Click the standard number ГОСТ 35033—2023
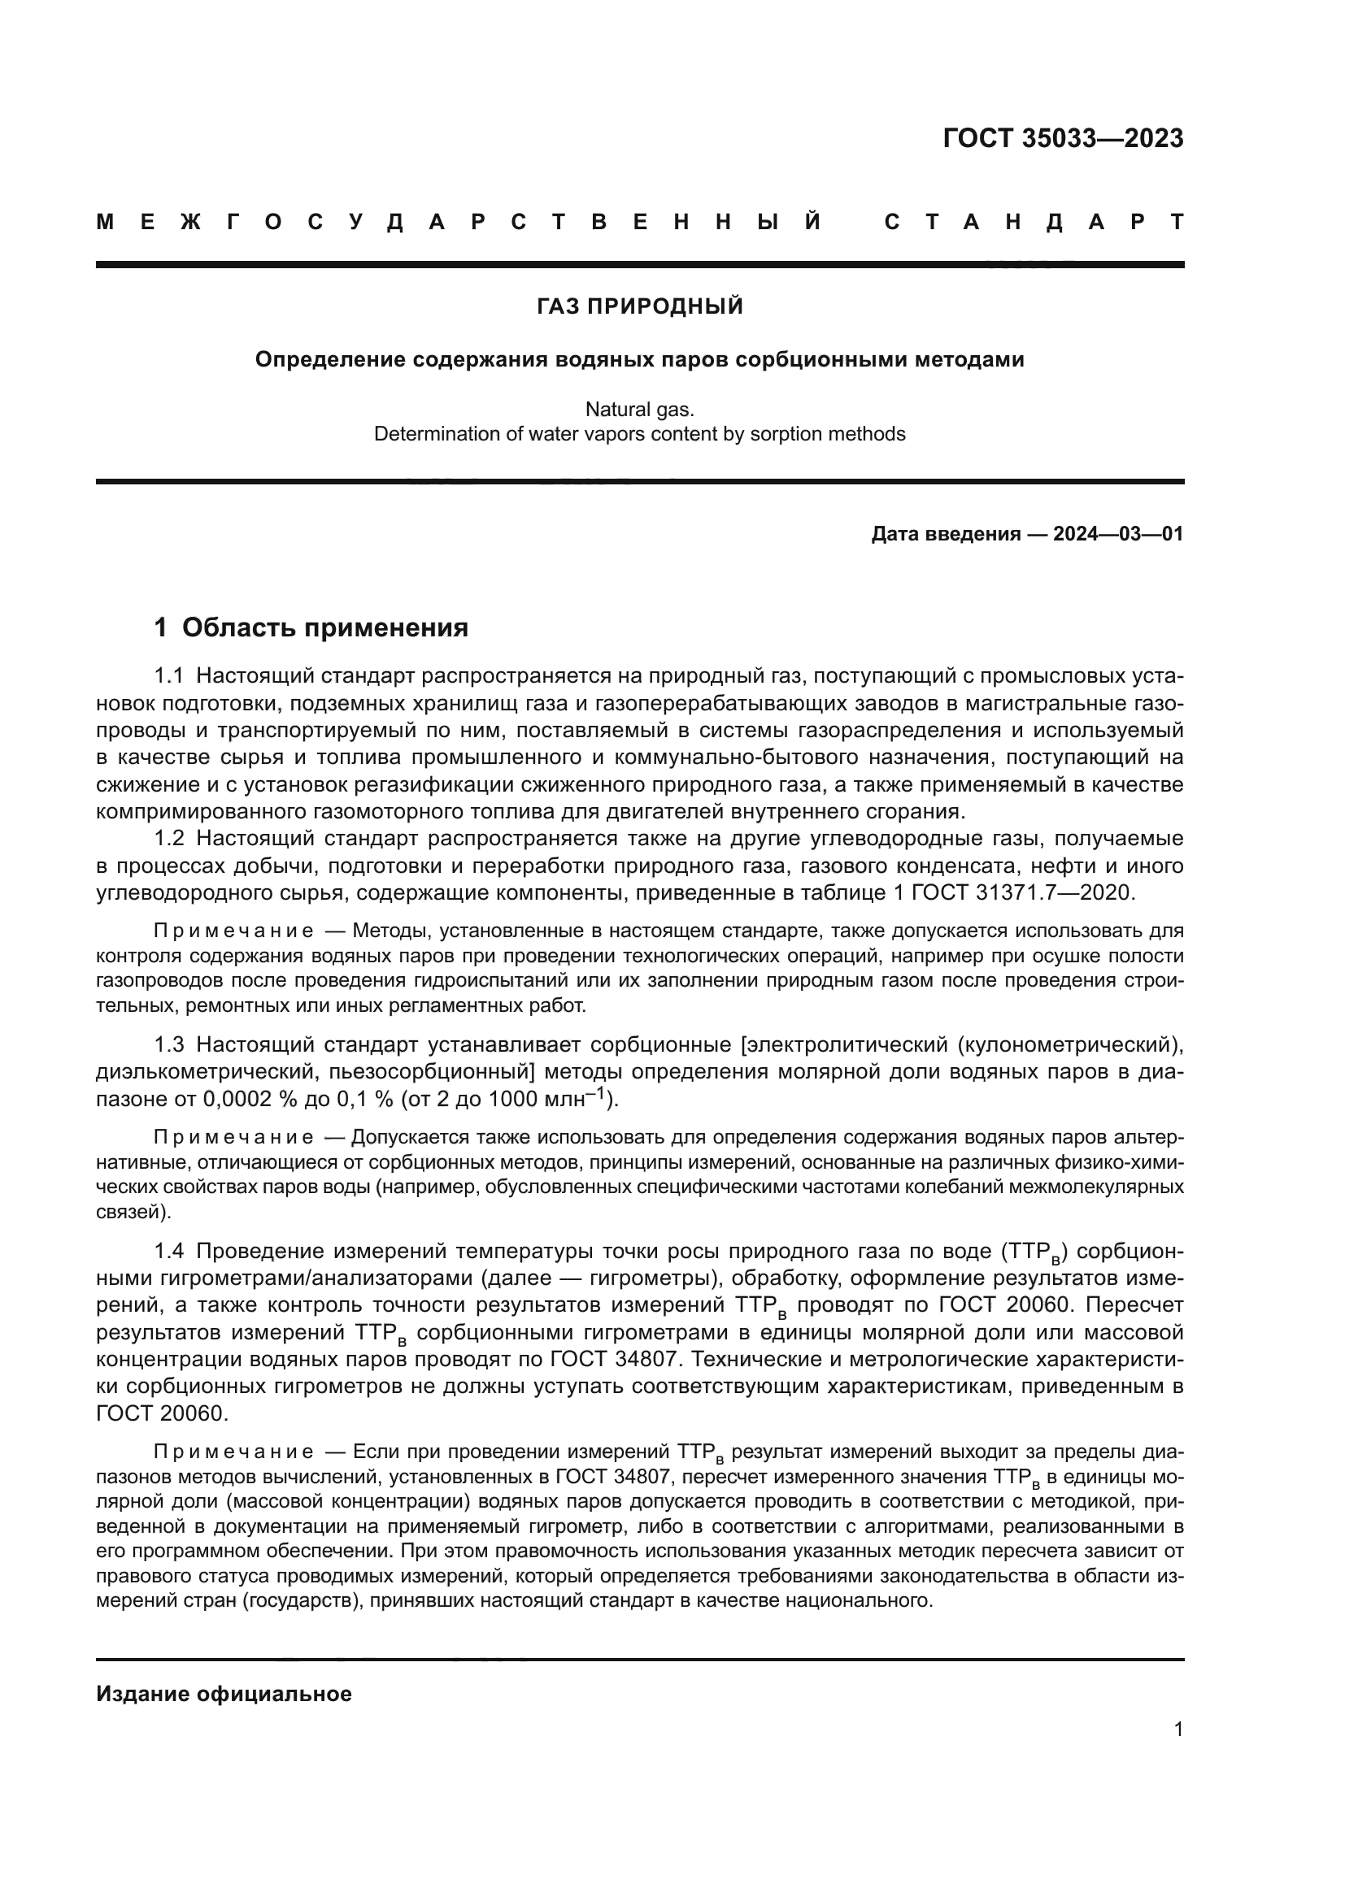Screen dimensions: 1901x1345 (1063, 138)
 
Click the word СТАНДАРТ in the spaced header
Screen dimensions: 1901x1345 (1034, 222)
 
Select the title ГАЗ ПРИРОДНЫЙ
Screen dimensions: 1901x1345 (639, 307)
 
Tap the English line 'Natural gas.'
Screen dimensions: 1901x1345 (639, 409)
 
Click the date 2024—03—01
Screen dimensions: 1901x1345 (1118, 534)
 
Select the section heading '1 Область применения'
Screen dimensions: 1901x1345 (311, 627)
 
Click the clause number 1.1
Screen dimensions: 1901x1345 (168, 676)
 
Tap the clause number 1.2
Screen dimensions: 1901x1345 (168, 839)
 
